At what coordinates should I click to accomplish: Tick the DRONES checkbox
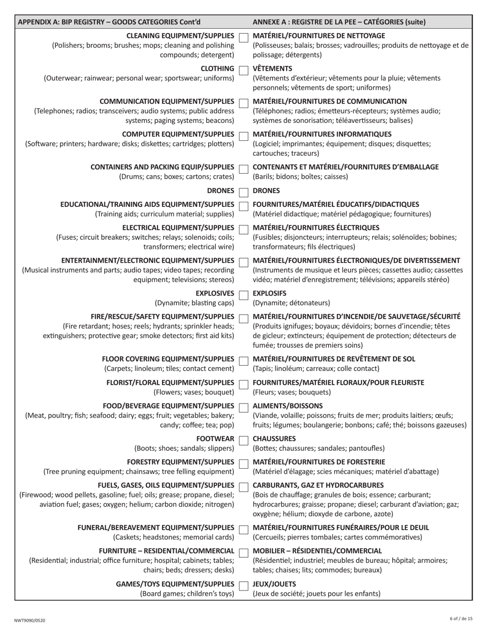[x=243, y=192]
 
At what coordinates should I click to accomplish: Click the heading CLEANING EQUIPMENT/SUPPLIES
[x=180, y=36]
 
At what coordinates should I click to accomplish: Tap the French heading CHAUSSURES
[x=274, y=439]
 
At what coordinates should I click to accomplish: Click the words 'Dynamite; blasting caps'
[x=194, y=303]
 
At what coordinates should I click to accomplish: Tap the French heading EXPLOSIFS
[x=270, y=293]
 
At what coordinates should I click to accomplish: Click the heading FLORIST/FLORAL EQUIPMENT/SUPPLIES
[x=170, y=383]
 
